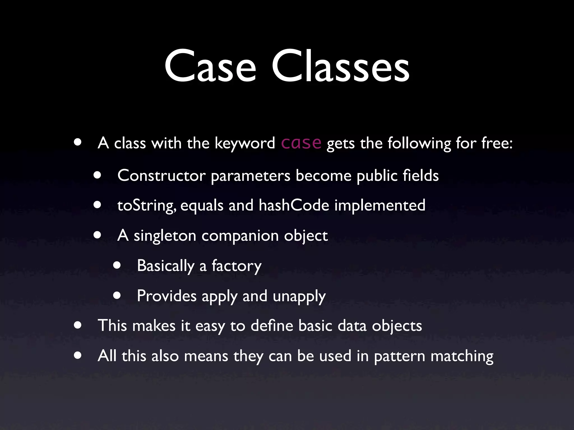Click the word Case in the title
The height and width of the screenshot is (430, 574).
coord(210,66)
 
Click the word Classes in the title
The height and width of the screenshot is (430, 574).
coord(340,66)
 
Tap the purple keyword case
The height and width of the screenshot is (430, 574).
coord(301,143)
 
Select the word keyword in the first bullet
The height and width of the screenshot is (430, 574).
coord(245,144)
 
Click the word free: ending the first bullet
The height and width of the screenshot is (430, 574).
coord(497,143)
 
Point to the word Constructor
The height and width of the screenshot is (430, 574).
coord(161,176)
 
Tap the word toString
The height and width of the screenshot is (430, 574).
coord(146,206)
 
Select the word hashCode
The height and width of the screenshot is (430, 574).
coord(294,205)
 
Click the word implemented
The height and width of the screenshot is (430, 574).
coord(380,206)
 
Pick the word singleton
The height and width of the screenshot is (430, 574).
coord(165,236)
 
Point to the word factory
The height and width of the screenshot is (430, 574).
coord(236,266)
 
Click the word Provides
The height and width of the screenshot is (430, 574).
coord(167,296)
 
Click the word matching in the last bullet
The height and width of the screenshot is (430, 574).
coord(462,356)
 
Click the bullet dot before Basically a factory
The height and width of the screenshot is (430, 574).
coord(117,265)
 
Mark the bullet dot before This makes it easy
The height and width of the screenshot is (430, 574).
coord(78,325)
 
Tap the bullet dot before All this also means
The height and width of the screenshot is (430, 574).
coord(78,356)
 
